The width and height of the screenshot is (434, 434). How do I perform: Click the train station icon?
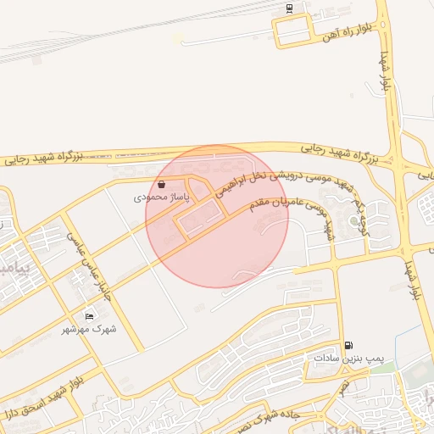point(290,8)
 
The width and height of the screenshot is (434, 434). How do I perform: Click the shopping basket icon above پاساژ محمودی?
point(161,184)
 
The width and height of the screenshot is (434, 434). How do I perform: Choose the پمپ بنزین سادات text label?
point(348,359)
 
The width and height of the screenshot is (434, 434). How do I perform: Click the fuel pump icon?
point(348,345)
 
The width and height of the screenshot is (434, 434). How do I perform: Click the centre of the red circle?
point(217,216)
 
